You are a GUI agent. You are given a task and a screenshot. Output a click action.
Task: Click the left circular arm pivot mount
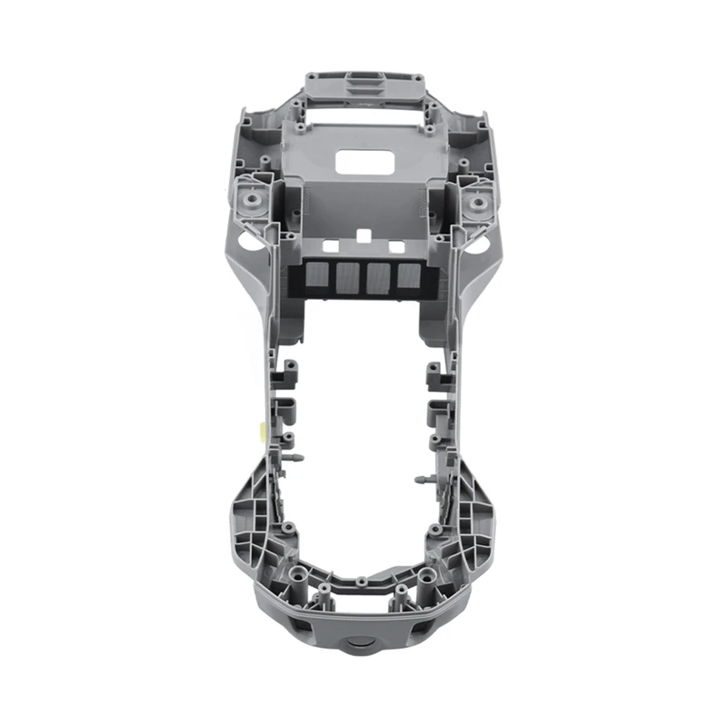pos(251,200)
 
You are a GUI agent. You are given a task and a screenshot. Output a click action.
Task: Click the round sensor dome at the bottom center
pos(363,643)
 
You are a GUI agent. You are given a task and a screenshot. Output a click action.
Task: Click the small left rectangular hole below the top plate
pos(332,246)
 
